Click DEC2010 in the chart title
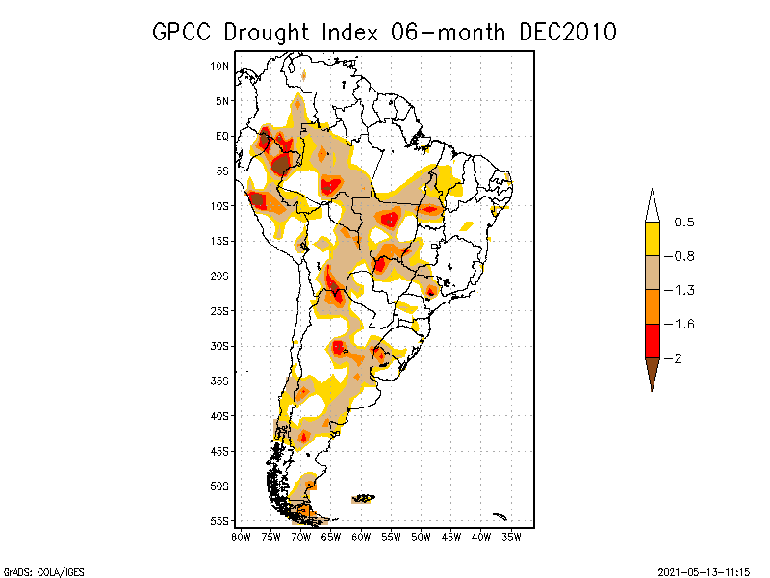click(567, 32)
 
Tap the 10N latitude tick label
click(220, 66)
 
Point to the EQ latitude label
click(222, 136)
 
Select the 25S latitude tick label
click(220, 310)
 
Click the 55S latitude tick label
click(220, 520)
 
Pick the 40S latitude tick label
click(220, 415)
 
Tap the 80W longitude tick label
click(240, 537)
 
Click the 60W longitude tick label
click(361, 537)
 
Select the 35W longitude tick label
click(512, 537)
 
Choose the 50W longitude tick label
click(422, 537)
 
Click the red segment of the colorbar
click(652, 340)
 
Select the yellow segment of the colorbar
click(652, 239)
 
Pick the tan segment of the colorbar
click(652, 273)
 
